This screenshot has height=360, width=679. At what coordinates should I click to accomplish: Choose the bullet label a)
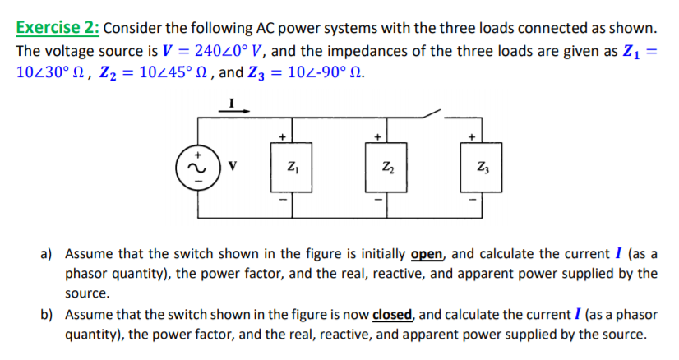[x=47, y=253]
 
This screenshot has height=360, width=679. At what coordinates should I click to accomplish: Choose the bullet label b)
[x=47, y=315]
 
